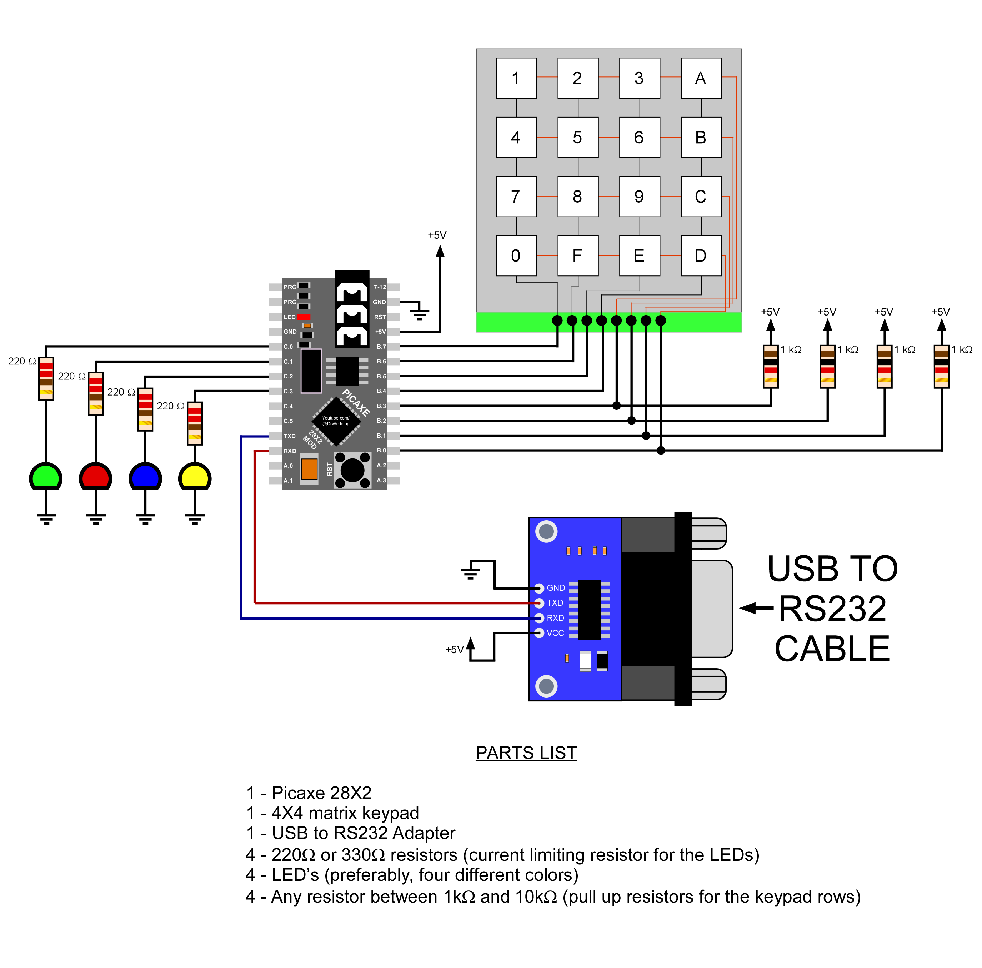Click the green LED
tap(46, 477)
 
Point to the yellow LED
tap(195, 477)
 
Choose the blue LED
tap(145, 477)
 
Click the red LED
tap(95, 477)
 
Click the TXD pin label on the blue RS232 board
tap(555, 603)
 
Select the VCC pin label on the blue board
tap(555, 633)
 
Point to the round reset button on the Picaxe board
tap(352, 470)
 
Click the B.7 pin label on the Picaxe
tap(381, 347)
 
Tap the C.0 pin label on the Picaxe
tap(288, 347)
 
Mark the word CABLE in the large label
tap(832, 649)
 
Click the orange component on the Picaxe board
tap(309, 469)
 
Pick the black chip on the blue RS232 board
tap(589, 610)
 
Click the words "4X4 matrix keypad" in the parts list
tap(345, 813)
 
